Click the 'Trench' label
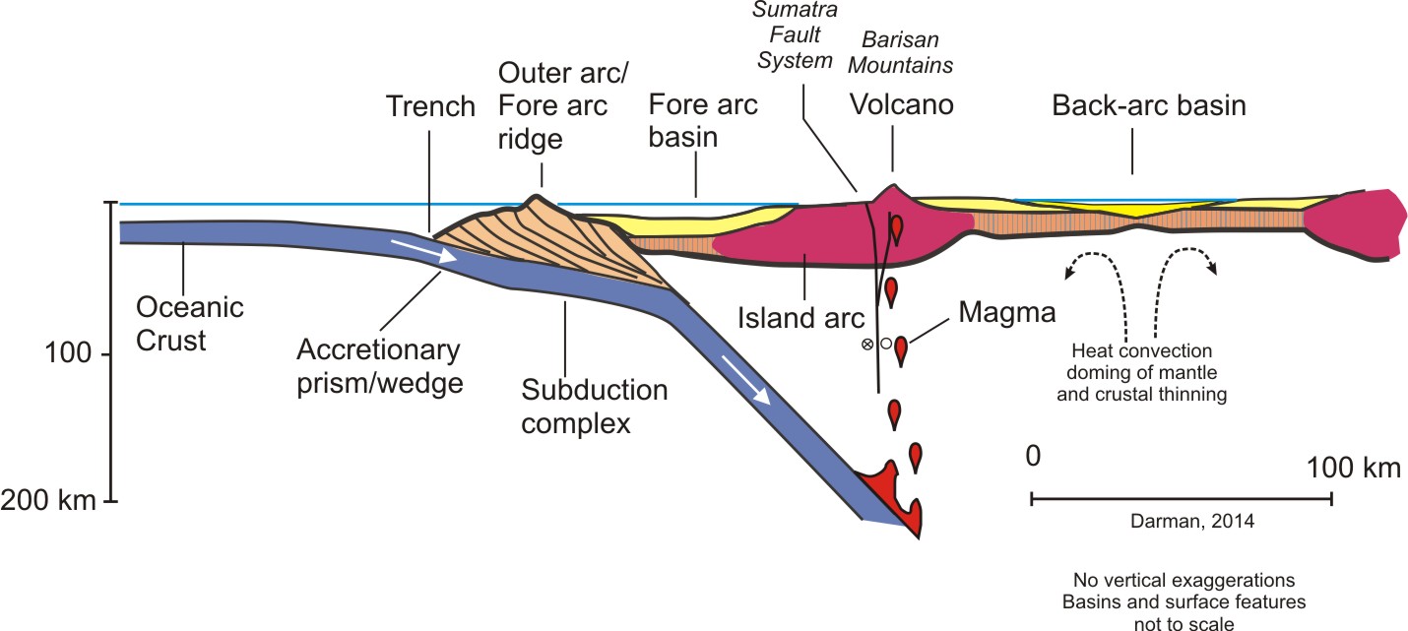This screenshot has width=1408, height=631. (x=431, y=106)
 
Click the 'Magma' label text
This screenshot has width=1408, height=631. (x=994, y=314)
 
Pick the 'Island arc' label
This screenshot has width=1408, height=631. (x=800, y=318)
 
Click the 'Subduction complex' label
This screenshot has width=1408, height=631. (x=595, y=407)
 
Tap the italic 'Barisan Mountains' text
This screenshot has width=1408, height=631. (x=907, y=52)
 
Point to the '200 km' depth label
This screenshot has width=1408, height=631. (x=48, y=501)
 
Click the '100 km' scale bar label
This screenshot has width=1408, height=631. (x=1354, y=469)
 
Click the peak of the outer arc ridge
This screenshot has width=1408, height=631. (x=537, y=197)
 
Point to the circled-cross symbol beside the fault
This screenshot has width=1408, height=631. (x=867, y=345)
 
